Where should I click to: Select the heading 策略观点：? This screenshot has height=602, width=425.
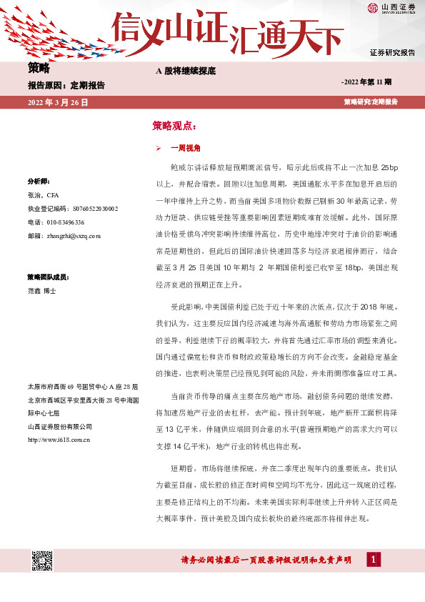point(173,125)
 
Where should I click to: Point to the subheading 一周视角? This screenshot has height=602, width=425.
point(186,148)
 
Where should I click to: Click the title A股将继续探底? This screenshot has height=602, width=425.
point(185,71)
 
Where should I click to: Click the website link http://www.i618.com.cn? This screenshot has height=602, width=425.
point(58,439)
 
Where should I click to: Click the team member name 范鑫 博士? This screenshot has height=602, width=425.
point(41,291)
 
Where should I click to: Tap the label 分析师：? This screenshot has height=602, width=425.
point(37,181)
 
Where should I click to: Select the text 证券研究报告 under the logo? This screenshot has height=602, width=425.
point(392,53)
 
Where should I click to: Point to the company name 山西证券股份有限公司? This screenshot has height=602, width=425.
point(60,426)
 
